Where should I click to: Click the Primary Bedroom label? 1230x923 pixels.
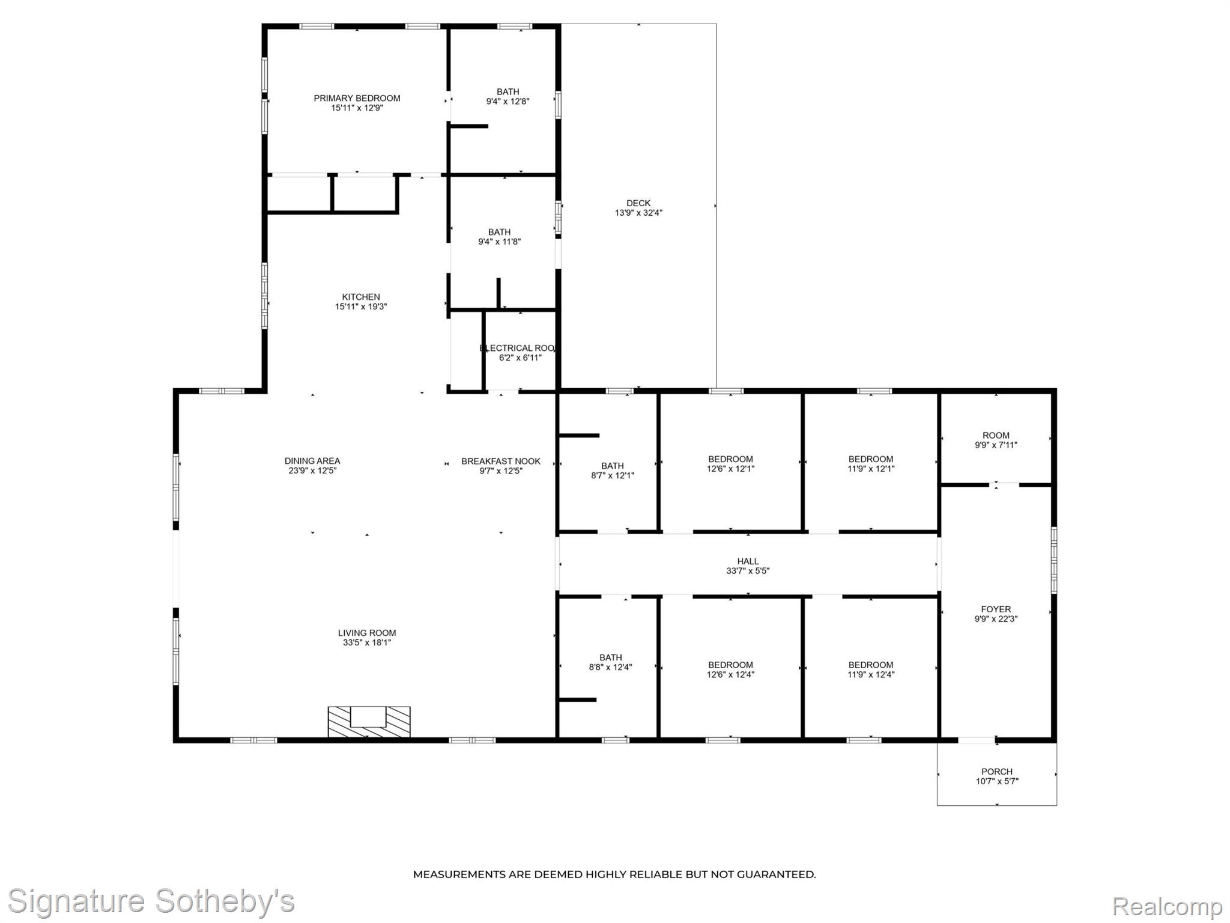pyautogui.click(x=357, y=99)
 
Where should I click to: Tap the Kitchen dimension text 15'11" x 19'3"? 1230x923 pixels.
pyautogui.click(x=361, y=306)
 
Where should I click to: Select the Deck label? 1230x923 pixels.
pyautogui.click(x=638, y=203)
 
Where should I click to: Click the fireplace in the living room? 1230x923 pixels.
pyautogui.click(x=369, y=722)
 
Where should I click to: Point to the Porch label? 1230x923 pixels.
pyautogui.click(x=997, y=772)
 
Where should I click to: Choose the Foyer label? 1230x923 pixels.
pyautogui.click(x=996, y=609)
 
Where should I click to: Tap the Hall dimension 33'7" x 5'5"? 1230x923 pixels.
pyautogui.click(x=748, y=571)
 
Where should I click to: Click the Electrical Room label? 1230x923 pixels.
pyautogui.click(x=518, y=348)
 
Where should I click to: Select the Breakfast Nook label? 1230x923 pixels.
pyautogui.click(x=501, y=461)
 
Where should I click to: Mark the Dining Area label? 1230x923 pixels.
pyautogui.click(x=312, y=461)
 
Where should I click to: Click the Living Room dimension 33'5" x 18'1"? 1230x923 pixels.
pyautogui.click(x=366, y=642)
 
